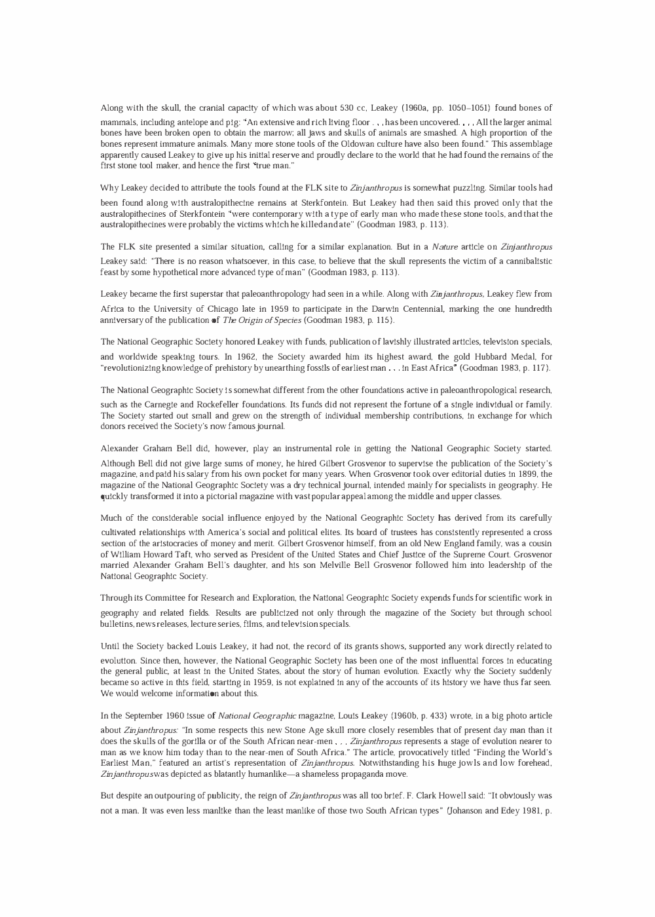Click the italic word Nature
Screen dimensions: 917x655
point(448,247)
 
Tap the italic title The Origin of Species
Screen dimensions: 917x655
point(262,320)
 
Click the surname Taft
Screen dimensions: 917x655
point(172,554)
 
